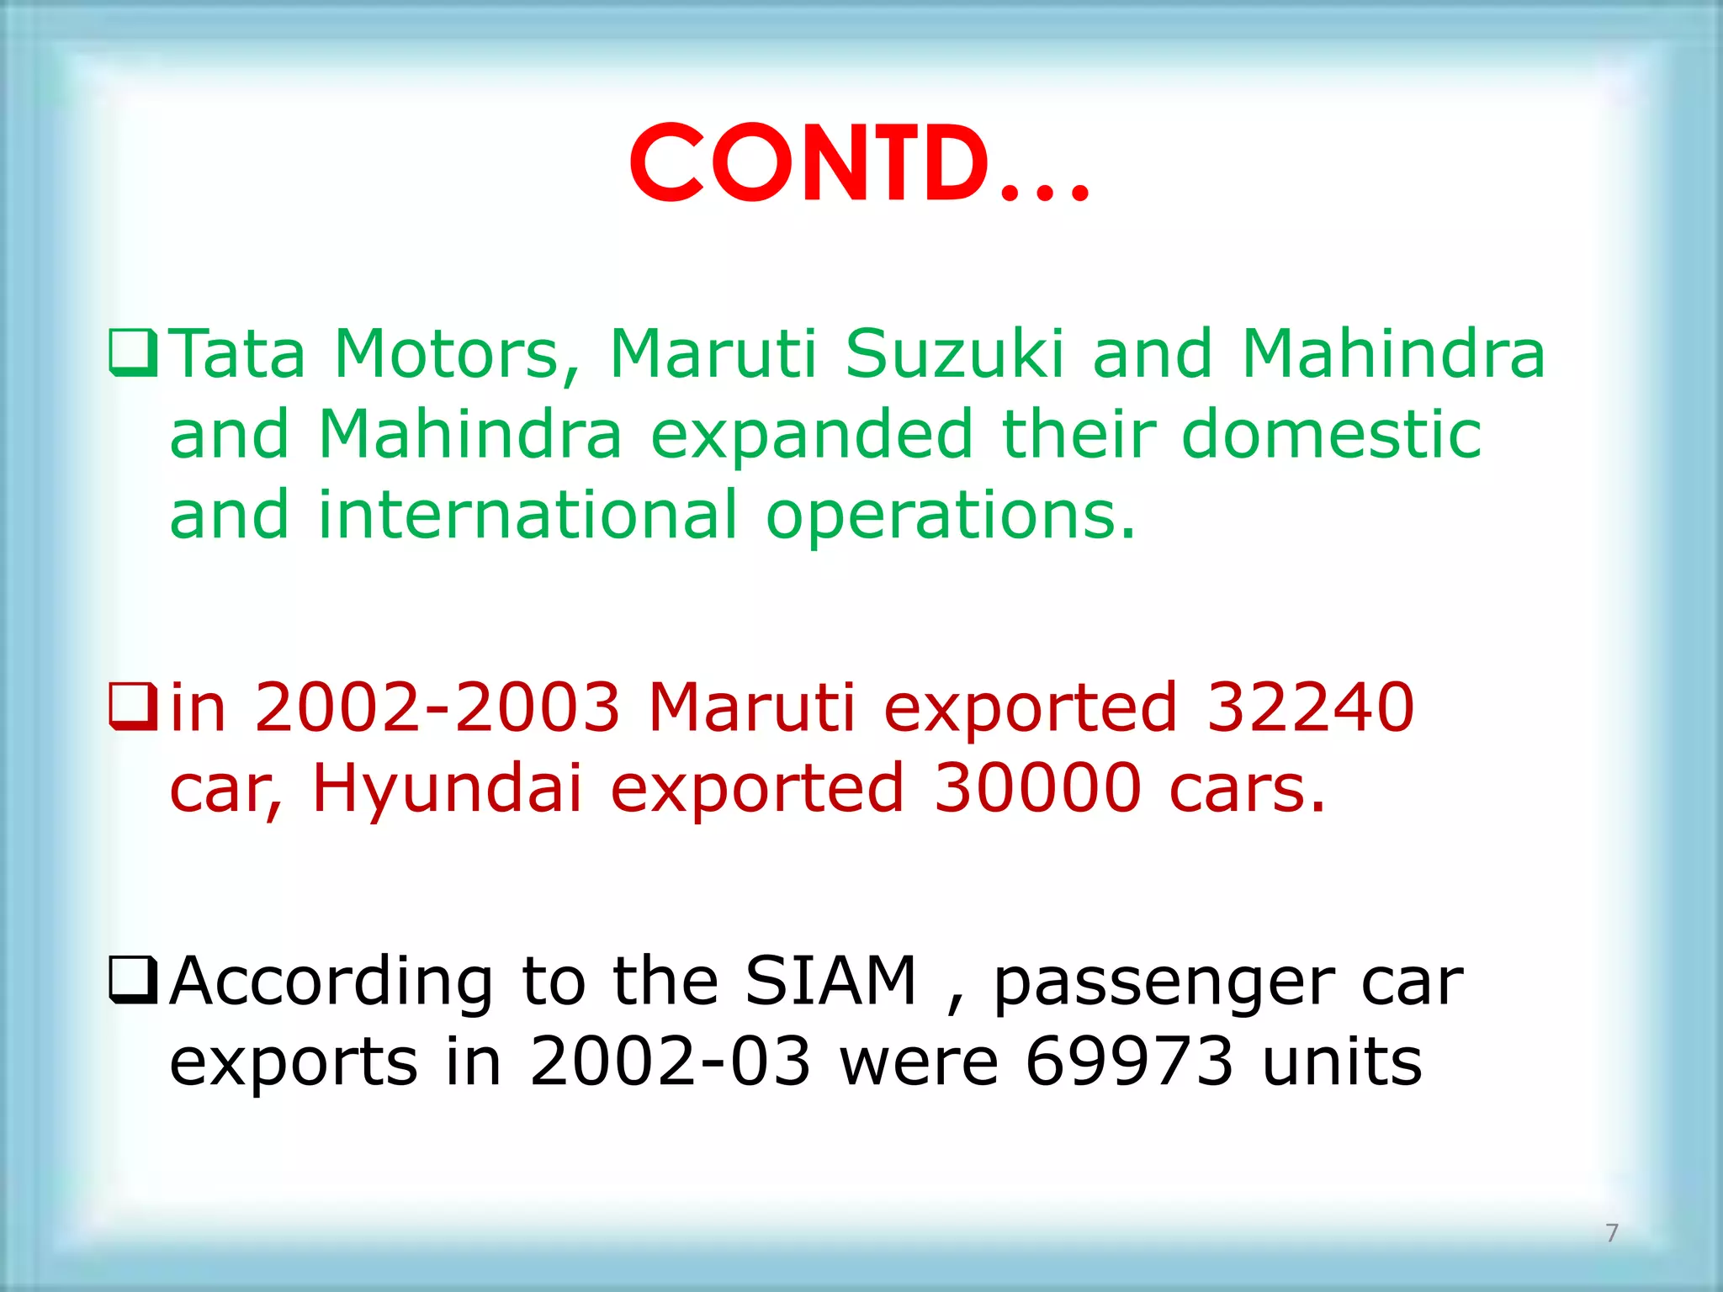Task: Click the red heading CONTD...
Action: tap(858, 164)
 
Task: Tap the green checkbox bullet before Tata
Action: tap(133, 354)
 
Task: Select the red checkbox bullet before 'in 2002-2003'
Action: tap(133, 707)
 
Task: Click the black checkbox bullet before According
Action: tap(133, 981)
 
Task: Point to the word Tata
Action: tap(239, 354)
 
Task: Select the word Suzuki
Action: tap(954, 354)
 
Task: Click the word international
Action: tap(528, 515)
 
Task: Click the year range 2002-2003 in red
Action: tap(437, 707)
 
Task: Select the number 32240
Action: tap(1310, 707)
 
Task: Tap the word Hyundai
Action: tap(447, 788)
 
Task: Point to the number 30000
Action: tap(1037, 788)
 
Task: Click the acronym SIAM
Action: tap(830, 981)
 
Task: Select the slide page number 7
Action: tap(1612, 1233)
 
